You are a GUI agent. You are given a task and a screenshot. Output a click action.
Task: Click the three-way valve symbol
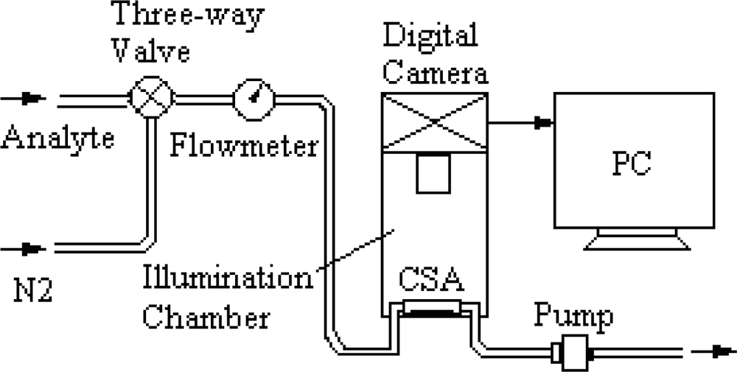[x=150, y=96]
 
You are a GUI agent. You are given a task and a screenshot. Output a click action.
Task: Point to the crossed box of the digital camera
[x=435, y=122]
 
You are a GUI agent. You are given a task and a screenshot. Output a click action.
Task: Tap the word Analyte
[x=57, y=138]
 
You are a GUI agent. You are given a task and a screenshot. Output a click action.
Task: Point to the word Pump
[x=573, y=317]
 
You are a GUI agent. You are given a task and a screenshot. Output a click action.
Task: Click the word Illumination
[x=228, y=281]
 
